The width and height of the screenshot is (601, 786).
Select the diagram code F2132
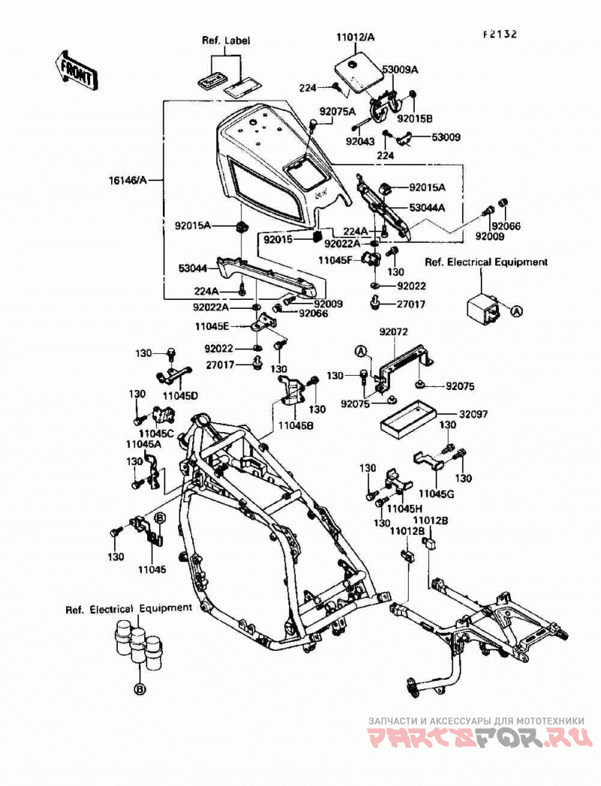tap(500, 35)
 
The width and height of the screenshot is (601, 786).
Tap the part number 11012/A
tap(355, 37)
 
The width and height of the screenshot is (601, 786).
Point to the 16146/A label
tap(128, 180)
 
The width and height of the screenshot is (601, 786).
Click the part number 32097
tap(474, 415)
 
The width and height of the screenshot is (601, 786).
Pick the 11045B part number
tap(296, 425)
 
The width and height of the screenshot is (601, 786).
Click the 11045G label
tap(436, 494)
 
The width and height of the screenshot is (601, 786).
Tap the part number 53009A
tap(400, 70)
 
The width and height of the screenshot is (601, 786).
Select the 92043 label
tap(360, 142)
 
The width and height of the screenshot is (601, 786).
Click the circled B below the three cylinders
tap(140, 690)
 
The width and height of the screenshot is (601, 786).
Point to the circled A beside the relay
tap(516, 311)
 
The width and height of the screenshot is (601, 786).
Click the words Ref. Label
tap(225, 41)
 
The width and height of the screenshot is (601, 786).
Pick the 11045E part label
tap(212, 327)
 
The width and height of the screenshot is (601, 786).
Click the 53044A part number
tap(427, 207)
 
